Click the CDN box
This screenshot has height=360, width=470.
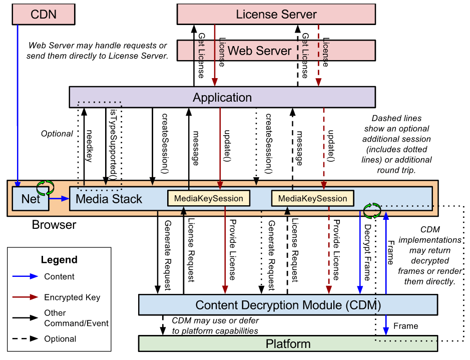(44, 15)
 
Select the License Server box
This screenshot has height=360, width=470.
(276, 15)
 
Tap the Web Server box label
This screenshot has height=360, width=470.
(259, 51)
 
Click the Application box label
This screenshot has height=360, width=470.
(222, 97)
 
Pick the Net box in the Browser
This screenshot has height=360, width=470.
(31, 199)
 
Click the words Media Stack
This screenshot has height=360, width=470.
(109, 199)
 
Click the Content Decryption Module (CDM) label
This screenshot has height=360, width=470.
(288, 305)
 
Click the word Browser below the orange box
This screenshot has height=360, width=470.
(54, 225)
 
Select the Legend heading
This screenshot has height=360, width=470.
(59, 260)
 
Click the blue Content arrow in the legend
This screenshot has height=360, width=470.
(26, 276)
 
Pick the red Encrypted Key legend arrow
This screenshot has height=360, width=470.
(26, 297)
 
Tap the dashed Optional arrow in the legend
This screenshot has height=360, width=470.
(26, 339)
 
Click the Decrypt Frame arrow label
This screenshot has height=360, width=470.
(367, 250)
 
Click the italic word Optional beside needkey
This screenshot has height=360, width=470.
(57, 134)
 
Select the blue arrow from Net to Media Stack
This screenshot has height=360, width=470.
(59, 199)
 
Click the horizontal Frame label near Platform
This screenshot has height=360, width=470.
(405, 326)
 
